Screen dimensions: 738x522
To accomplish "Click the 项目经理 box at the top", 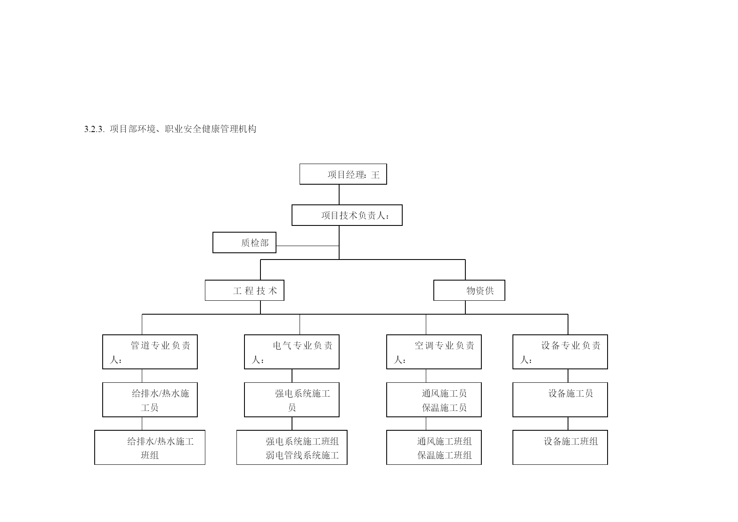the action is (343, 174).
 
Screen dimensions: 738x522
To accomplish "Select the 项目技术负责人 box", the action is (347, 215).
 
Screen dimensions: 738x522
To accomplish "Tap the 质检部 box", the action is (244, 243).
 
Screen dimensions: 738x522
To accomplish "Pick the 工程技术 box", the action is (244, 291).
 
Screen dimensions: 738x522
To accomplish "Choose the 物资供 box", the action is (469, 291).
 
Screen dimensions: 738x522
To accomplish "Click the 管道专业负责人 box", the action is (150, 352).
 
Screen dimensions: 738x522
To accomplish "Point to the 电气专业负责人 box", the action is (292, 352).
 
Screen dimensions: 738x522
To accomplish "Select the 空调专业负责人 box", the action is (434, 352).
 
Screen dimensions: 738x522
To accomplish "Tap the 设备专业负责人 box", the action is (560, 352).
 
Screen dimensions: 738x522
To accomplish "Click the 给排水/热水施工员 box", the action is (150, 400).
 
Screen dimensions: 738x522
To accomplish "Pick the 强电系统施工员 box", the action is (292, 400).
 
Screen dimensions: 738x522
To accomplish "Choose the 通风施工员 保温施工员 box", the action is (434, 400).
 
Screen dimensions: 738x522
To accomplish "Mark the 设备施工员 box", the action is (560, 400).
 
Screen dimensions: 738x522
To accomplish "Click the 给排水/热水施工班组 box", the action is (150, 448).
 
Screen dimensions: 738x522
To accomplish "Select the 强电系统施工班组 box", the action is (292, 448).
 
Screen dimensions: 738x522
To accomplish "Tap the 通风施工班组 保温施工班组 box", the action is (434, 448).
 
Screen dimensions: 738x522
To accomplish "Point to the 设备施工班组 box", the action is (560, 448).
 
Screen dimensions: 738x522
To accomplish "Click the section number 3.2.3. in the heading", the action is (94, 129).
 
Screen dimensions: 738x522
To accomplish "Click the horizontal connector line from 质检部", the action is (308, 246).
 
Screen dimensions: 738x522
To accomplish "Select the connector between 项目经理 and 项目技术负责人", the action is (339, 195).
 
